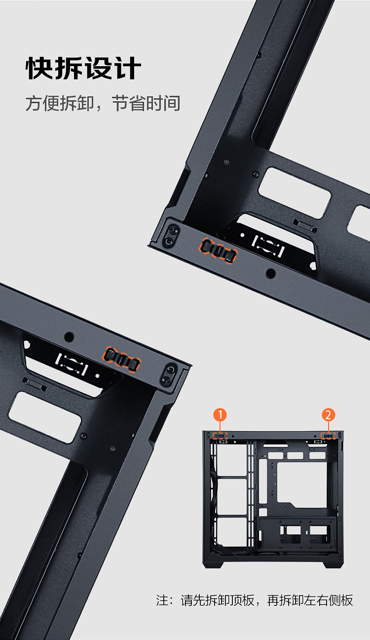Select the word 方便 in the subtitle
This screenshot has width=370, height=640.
click(x=42, y=103)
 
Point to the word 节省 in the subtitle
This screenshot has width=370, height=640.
click(x=129, y=103)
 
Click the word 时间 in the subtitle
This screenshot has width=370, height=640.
click(x=163, y=103)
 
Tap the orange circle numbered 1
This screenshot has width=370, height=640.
click(x=220, y=415)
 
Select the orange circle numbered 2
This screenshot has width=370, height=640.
click(x=329, y=415)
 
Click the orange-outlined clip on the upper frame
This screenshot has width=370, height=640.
click(x=218, y=251)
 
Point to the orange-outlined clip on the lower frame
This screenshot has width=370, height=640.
click(x=122, y=360)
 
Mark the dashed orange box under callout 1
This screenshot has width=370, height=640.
click(x=220, y=436)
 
